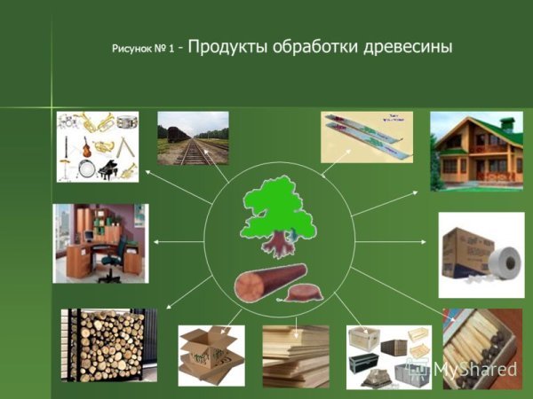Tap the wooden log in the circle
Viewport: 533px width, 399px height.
pyautogui.click(x=269, y=282)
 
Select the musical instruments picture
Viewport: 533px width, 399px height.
pyautogui.click(x=98, y=146)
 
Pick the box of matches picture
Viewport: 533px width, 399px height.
pyautogui.click(x=482, y=348)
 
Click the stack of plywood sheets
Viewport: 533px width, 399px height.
pyautogui.click(x=296, y=356)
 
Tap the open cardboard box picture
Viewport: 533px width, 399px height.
pyautogui.click(x=211, y=356)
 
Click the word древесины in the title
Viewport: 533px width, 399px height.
pyautogui.click(x=408, y=46)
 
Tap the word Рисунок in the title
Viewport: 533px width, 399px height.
pyautogui.click(x=131, y=49)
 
